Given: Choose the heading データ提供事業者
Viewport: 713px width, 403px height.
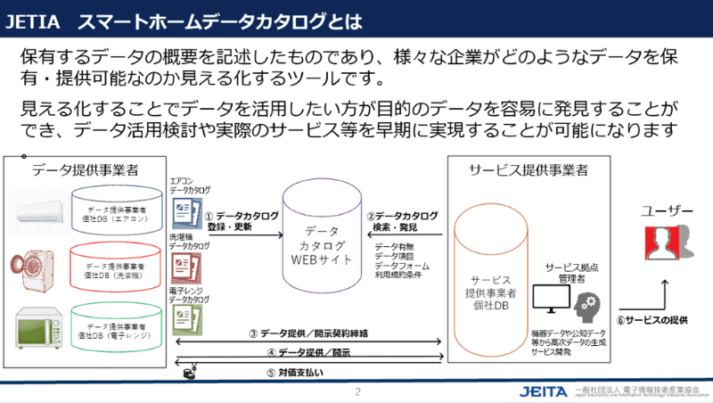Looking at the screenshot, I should (x=86, y=169).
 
